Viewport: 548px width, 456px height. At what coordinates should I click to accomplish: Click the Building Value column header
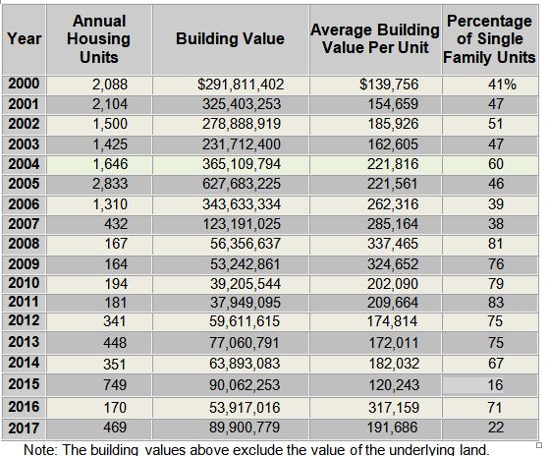[230, 38]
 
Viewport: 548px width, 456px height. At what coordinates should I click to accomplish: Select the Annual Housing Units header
[99, 39]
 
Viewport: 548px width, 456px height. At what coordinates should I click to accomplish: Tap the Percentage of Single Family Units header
[489, 39]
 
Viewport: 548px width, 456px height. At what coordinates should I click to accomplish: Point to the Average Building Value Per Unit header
[375, 38]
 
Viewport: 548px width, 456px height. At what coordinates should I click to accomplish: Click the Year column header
[25, 38]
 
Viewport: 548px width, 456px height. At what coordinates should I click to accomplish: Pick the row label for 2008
[24, 244]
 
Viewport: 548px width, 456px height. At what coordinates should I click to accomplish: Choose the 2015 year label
[24, 384]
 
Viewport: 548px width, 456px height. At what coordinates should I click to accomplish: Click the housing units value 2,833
[110, 184]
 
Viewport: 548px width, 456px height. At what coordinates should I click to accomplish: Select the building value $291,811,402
[241, 85]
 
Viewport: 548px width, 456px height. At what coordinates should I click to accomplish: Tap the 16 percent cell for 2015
[495, 385]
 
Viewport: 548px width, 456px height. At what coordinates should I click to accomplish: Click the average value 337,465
[393, 244]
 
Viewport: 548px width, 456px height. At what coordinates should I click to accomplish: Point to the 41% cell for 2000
[502, 85]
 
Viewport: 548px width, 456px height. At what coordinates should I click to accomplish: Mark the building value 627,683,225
[242, 184]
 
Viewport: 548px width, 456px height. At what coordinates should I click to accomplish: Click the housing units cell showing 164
[116, 264]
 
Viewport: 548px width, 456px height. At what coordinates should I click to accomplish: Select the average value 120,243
[394, 385]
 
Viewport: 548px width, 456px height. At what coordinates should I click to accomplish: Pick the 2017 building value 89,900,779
[245, 427]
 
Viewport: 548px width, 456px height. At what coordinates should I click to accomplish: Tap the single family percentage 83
[496, 303]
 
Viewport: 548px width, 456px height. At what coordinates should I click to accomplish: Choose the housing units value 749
[115, 385]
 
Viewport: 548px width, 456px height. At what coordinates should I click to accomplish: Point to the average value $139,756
[389, 85]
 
